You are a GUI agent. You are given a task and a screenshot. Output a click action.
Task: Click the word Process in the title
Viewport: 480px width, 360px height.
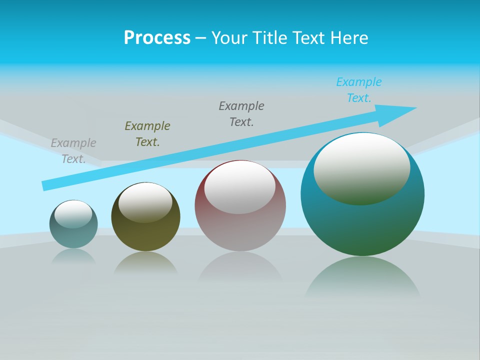[x=157, y=38]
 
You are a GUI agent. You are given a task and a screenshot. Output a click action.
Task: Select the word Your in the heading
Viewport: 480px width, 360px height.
[x=228, y=38]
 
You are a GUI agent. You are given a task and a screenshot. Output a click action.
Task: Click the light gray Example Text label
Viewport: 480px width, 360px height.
[x=73, y=151]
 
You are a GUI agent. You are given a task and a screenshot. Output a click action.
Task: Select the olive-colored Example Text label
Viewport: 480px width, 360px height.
[x=147, y=134]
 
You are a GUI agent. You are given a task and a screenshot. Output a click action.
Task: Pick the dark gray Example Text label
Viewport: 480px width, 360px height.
[x=241, y=114]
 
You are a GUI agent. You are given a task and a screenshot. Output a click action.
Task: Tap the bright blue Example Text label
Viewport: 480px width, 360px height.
[x=359, y=90]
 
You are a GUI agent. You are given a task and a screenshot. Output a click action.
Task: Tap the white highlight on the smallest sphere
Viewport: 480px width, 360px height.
[x=73, y=214]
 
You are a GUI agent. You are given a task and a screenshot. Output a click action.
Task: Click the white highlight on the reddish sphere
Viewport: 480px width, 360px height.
[x=240, y=187]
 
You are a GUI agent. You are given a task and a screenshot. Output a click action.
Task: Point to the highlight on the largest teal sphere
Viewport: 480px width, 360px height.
[x=362, y=168]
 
